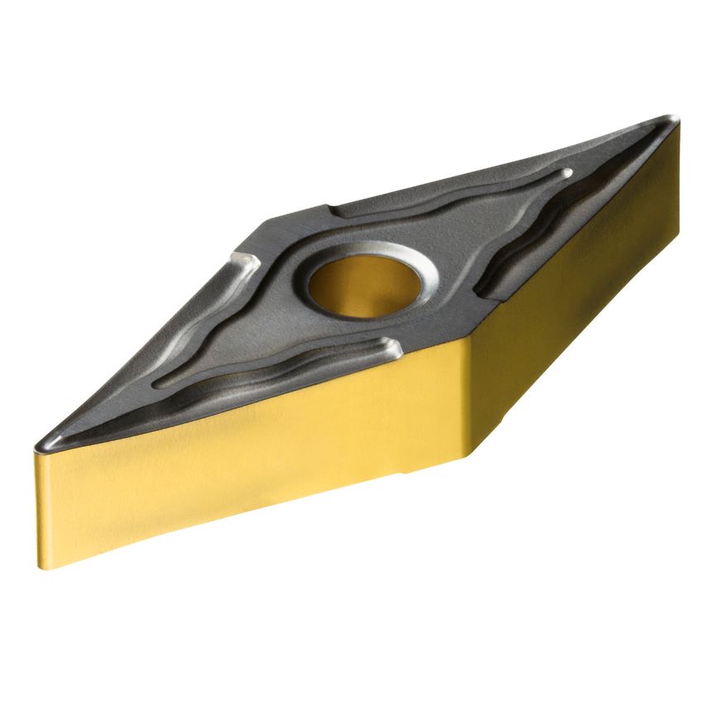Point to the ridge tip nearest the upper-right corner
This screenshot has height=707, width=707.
tap(566, 174)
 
